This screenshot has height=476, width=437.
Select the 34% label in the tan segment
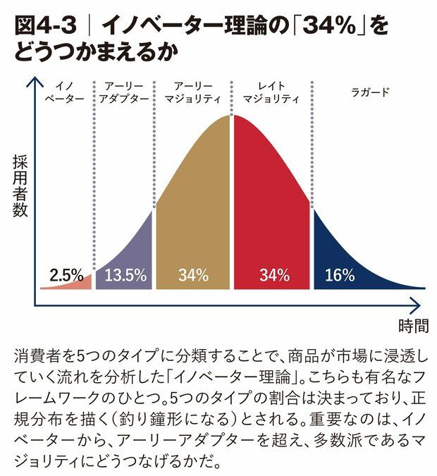tap(193, 275)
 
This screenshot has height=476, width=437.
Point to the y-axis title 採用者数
tap(20, 185)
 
